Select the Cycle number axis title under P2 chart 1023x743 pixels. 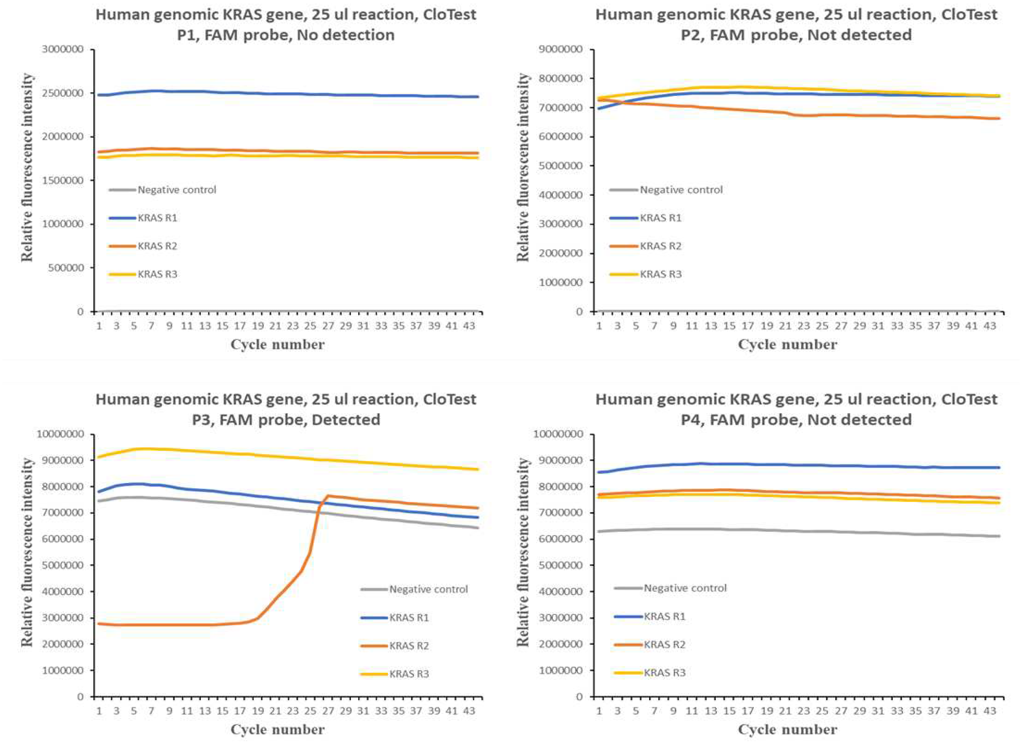(788, 345)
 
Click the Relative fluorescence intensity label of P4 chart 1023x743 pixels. (523, 552)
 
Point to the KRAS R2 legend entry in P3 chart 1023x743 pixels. (409, 646)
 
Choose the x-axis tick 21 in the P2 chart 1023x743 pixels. (785, 326)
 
